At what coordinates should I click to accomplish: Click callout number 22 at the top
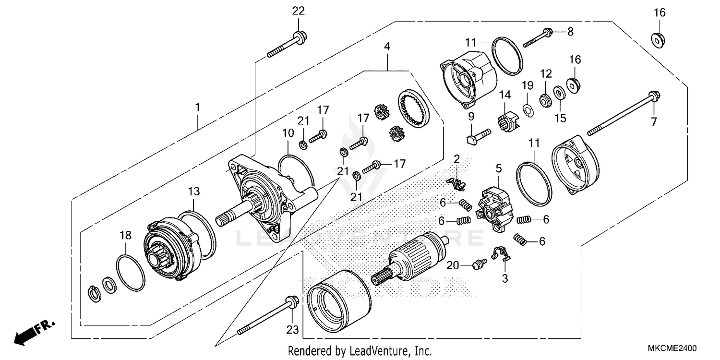click(298, 11)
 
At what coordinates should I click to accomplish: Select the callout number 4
click(387, 47)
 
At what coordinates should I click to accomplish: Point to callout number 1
click(197, 107)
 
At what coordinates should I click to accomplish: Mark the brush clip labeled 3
click(501, 253)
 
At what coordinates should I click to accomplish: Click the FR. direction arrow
click(34, 331)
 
